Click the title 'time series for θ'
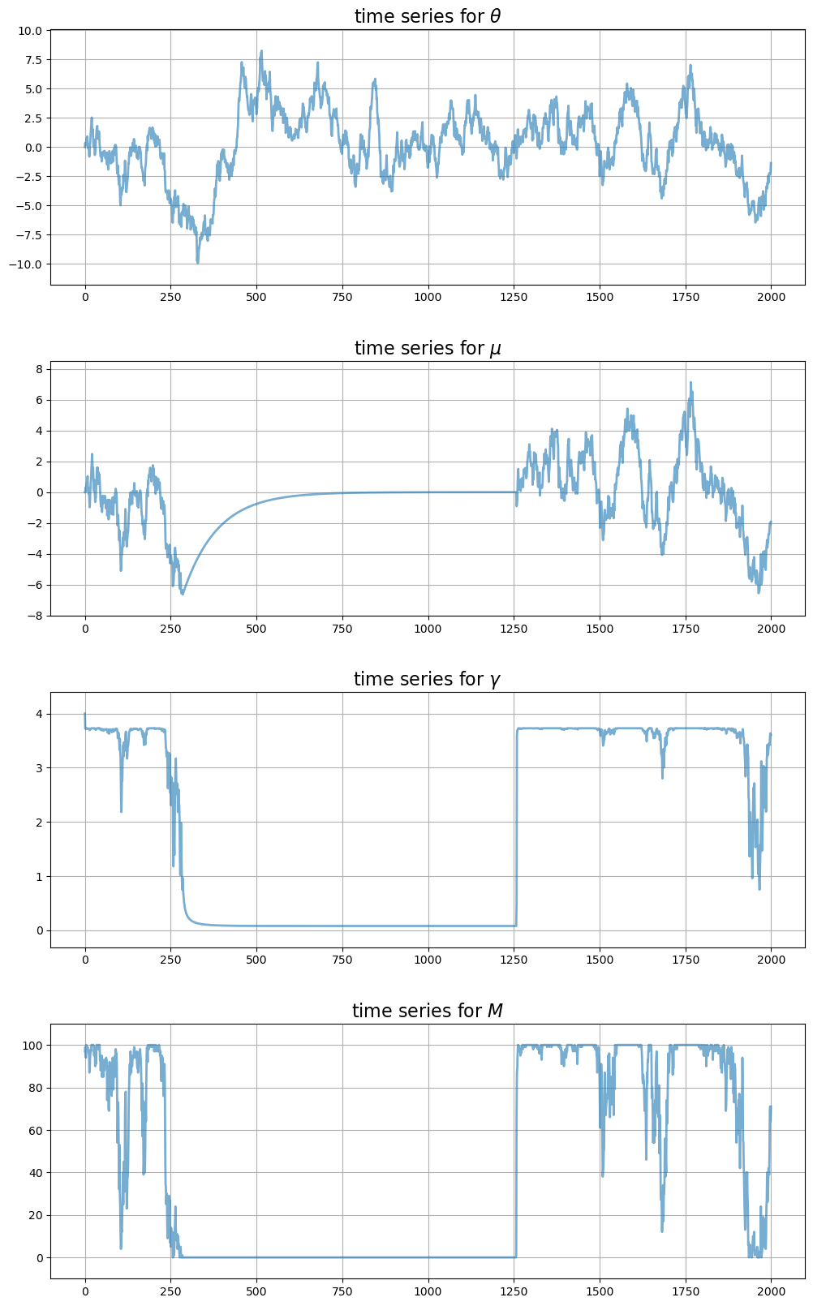(428, 16)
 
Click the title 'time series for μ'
(428, 348)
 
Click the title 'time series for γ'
(428, 679)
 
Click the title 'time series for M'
(428, 1011)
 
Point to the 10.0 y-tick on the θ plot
(29, 31)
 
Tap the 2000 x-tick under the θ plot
(771, 297)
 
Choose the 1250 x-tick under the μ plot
(514, 628)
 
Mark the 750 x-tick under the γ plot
(342, 960)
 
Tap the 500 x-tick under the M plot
(256, 1291)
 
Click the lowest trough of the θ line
(197, 262)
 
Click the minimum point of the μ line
(183, 594)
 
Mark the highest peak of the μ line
(690, 382)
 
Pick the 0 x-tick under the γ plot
(85, 960)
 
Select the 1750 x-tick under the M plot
(686, 1291)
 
